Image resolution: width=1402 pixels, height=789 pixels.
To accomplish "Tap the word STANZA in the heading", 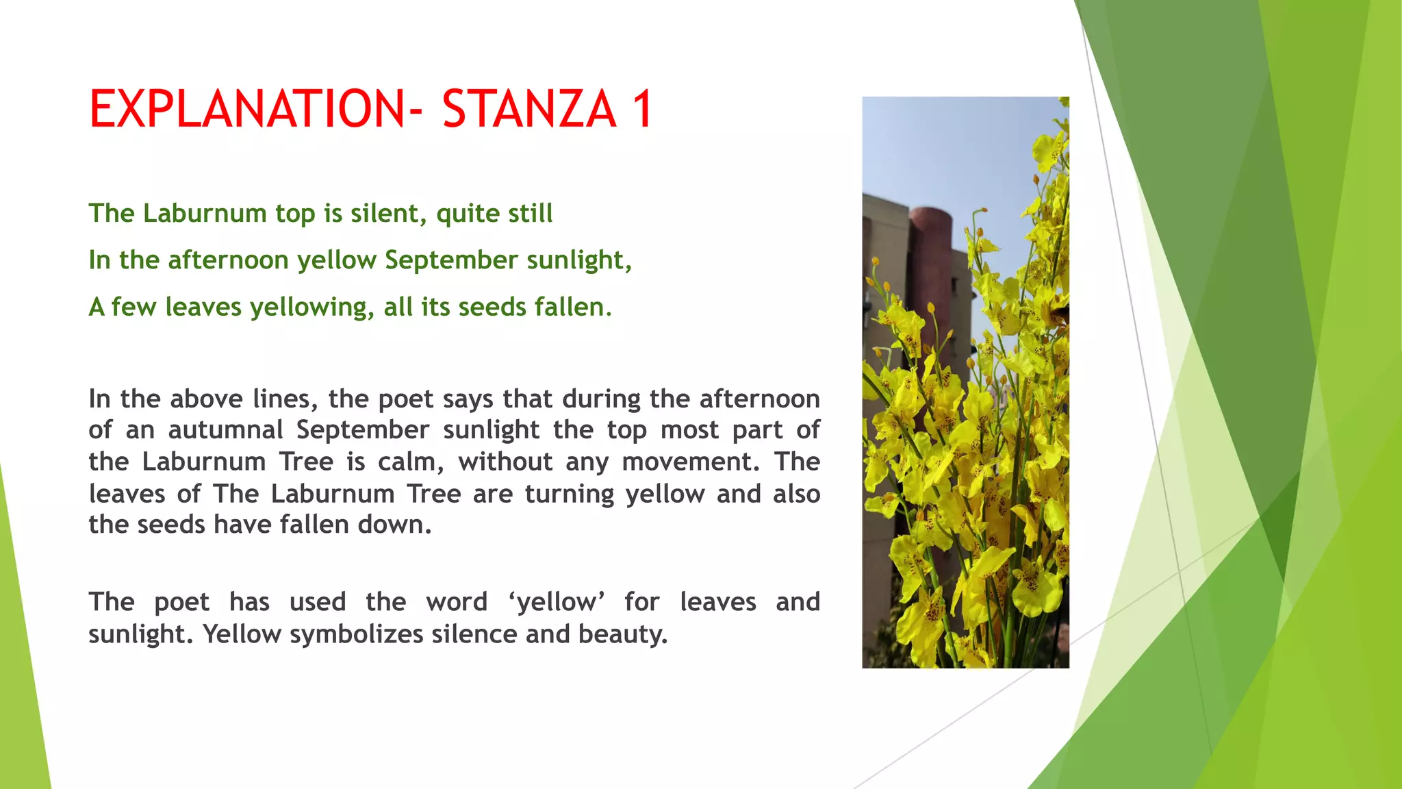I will point(528,109).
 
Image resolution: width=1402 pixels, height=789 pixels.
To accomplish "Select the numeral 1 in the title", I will point(642,109).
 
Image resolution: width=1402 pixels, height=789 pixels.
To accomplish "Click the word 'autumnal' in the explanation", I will point(225,430).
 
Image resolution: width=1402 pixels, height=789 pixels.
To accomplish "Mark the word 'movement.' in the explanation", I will point(691,462).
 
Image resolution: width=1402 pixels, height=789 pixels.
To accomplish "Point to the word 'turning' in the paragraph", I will point(569,494).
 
